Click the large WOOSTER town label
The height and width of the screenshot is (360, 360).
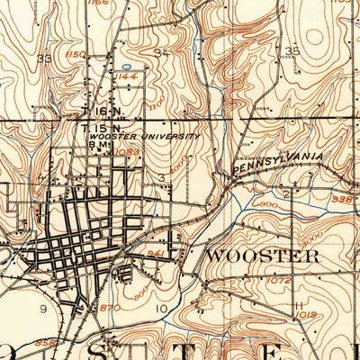pyautogui.click(x=263, y=256)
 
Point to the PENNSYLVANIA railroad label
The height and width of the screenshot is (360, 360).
pyautogui.click(x=278, y=163)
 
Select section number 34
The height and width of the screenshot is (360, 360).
pyautogui.click(x=161, y=54)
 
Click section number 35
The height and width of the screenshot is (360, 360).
pyautogui.click(x=292, y=50)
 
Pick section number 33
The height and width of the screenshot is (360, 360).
pyautogui.click(x=43, y=58)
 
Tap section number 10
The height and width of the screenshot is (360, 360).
pyautogui.click(x=162, y=310)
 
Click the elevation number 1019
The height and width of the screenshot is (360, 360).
pyautogui.click(x=307, y=314)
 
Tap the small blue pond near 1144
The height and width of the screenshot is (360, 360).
pyautogui.click(x=127, y=66)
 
